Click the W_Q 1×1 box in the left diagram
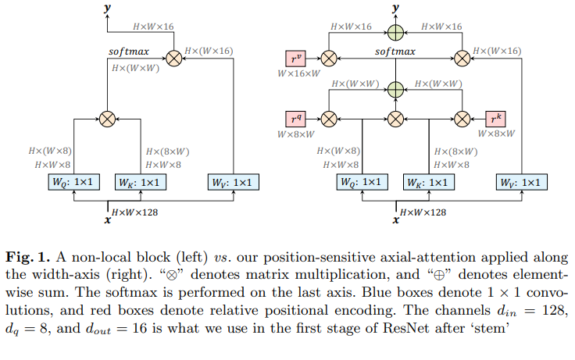71,183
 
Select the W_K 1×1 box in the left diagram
137,183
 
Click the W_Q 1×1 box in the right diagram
359,183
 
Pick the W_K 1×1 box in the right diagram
426,183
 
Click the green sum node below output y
396,31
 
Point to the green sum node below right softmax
396,87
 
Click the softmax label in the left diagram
129,51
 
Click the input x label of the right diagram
395,219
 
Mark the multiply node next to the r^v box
329,57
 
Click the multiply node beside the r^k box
462,119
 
